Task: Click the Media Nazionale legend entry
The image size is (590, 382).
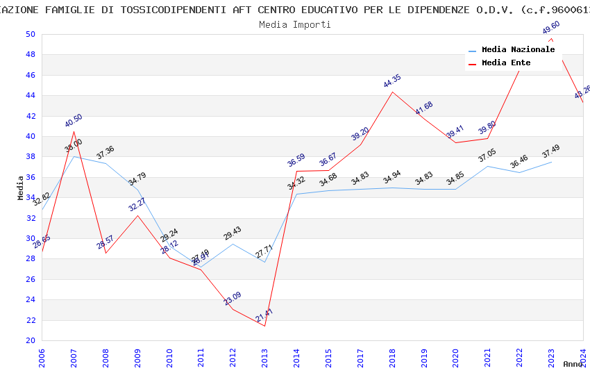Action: pyautogui.click(x=518, y=50)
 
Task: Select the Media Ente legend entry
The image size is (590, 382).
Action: pyautogui.click(x=506, y=63)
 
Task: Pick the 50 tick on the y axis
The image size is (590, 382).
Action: pyautogui.click(x=30, y=35)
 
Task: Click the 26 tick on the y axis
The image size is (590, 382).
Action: pyautogui.click(x=30, y=279)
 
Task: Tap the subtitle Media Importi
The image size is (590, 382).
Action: pyautogui.click(x=294, y=24)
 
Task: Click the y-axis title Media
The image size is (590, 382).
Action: pyautogui.click(x=21, y=188)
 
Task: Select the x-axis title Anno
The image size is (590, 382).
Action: pyautogui.click(x=573, y=364)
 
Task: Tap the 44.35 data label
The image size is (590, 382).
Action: pyautogui.click(x=392, y=81)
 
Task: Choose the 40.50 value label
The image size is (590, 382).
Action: pyautogui.click(x=74, y=121)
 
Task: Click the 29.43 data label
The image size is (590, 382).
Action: pyautogui.click(x=233, y=233)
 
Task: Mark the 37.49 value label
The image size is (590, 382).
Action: pyautogui.click(x=551, y=152)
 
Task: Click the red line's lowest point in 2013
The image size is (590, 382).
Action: pyautogui.click(x=265, y=326)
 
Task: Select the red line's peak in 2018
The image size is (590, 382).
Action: pyautogui.click(x=393, y=92)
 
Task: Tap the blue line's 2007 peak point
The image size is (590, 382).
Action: pyautogui.click(x=74, y=156)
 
